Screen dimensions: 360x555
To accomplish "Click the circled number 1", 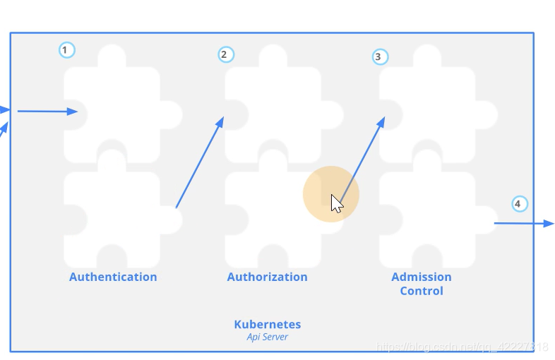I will coord(66,50).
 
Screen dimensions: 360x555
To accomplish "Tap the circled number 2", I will coord(225,54).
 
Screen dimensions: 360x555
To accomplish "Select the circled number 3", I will coord(380,56).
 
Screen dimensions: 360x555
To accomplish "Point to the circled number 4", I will coord(519,204).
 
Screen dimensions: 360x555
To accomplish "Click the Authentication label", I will coord(113,277).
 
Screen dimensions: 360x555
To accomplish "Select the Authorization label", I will coord(267,277).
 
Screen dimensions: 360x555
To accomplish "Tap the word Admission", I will coord(422,277).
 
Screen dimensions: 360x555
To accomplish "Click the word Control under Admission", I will coord(422,291).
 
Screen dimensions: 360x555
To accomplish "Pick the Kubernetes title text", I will coord(267,325).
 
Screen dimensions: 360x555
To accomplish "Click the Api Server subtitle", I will coord(267,337).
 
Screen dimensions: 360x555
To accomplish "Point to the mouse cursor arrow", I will coord(336,203).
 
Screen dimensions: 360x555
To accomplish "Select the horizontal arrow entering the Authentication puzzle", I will coord(47,111).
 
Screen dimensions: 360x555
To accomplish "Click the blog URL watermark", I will coord(462,347).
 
